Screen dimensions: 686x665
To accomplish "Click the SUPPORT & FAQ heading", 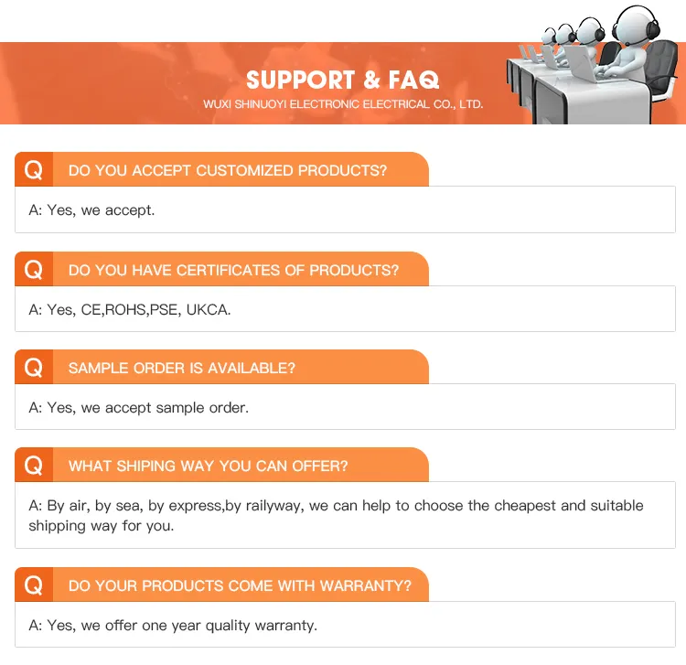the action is pyautogui.click(x=343, y=80).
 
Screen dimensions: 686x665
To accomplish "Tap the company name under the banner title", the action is pyautogui.click(x=343, y=104).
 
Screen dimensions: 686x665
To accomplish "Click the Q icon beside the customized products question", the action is pyautogui.click(x=34, y=169).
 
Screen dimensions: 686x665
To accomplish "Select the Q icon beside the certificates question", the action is pyautogui.click(x=34, y=269).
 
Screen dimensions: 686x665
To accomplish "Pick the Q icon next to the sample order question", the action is pyautogui.click(x=34, y=367).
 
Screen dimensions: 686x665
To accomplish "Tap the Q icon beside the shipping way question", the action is pyautogui.click(x=34, y=465).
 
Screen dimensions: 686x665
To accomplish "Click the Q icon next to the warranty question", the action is pyautogui.click(x=34, y=585).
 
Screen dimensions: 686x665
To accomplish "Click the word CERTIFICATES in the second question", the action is pyautogui.click(x=228, y=270).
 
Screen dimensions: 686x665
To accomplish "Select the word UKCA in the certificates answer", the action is pyautogui.click(x=209, y=310).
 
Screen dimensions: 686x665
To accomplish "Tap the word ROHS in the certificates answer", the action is pyautogui.click(x=126, y=310).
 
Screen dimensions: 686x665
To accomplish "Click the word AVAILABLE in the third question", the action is pyautogui.click(x=252, y=368).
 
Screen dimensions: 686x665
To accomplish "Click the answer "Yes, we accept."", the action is pyautogui.click(x=101, y=210).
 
